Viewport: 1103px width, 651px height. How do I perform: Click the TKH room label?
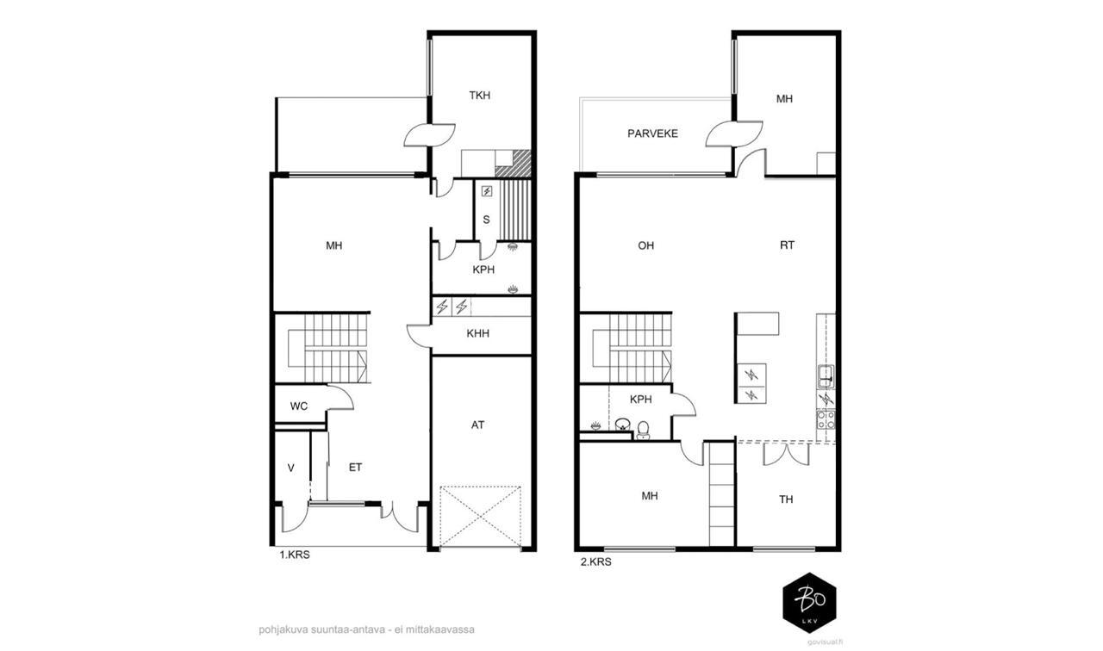click(x=479, y=96)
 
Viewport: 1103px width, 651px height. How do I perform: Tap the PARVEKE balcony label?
click(x=652, y=133)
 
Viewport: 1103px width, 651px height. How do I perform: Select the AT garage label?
click(x=477, y=425)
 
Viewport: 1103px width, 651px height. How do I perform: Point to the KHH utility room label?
click(x=477, y=333)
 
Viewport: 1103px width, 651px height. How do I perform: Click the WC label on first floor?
click(x=298, y=406)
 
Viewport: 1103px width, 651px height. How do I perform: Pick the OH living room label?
click(x=645, y=245)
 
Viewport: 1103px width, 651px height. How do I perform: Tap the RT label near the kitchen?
click(x=787, y=245)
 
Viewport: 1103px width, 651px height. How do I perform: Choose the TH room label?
click(x=786, y=499)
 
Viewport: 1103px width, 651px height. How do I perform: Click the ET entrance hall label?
click(x=355, y=468)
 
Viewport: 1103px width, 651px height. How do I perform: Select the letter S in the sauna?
click(x=486, y=220)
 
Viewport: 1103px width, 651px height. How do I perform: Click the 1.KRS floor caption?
click(x=295, y=555)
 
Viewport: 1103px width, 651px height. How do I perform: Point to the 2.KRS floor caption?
click(x=595, y=562)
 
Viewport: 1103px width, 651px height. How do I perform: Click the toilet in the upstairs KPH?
click(x=643, y=430)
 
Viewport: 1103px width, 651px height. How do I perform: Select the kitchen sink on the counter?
click(x=826, y=377)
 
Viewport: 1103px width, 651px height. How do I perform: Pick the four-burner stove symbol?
click(x=826, y=419)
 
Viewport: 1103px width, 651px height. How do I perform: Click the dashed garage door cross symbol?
click(x=480, y=517)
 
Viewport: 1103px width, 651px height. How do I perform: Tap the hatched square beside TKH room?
click(x=513, y=164)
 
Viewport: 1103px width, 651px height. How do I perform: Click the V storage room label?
click(x=291, y=468)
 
